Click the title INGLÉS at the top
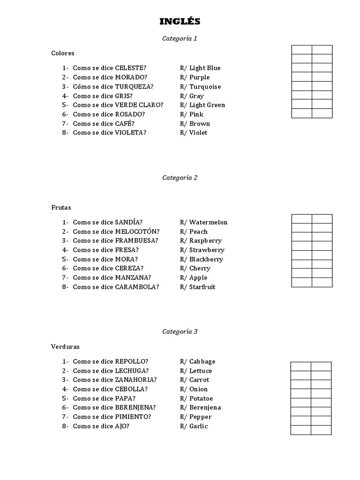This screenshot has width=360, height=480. [x=180, y=22]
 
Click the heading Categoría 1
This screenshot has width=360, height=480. [x=180, y=38]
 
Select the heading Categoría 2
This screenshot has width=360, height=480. [x=180, y=178]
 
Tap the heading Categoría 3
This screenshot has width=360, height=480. [x=180, y=331]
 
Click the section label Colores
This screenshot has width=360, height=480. [x=63, y=53]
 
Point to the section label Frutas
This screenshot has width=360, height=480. [x=61, y=207]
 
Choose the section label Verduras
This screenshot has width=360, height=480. [x=65, y=347]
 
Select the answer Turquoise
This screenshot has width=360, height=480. [x=205, y=87]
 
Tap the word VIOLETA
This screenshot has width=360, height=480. [x=130, y=133]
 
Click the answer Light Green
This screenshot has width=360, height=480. [x=207, y=105]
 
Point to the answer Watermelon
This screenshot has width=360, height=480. [x=208, y=222]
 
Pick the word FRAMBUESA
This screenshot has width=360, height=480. [x=135, y=240]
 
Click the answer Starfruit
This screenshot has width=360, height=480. [x=202, y=287]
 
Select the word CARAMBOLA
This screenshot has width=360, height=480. [x=136, y=287]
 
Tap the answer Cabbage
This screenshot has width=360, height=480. [x=202, y=361]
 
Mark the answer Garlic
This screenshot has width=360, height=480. [x=198, y=426]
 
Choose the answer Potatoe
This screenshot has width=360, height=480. [x=201, y=398]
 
